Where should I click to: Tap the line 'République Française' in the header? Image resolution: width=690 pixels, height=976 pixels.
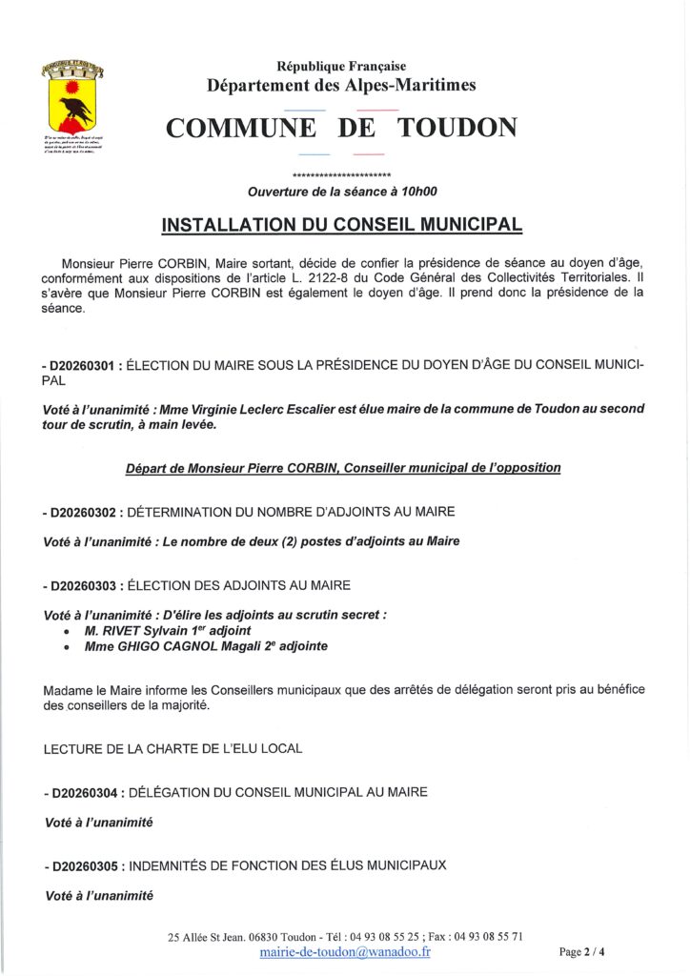pos(341,66)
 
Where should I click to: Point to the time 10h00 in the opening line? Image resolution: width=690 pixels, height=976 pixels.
pos(417,192)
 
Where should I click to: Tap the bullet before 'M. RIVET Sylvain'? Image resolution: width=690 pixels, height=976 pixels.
pos(64,632)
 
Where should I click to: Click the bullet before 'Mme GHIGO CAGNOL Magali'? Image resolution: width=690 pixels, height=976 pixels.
pos(64,647)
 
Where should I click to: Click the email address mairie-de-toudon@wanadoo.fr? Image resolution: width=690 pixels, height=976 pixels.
pos(344,952)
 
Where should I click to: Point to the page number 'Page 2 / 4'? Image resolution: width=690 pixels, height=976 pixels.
pos(581,951)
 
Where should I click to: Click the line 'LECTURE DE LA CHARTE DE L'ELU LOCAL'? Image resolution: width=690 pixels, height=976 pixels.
pos(173,749)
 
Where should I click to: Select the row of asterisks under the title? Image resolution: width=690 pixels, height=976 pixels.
pos(342,176)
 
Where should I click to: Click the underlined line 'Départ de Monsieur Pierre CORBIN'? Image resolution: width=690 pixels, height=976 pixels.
pos(343,468)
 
